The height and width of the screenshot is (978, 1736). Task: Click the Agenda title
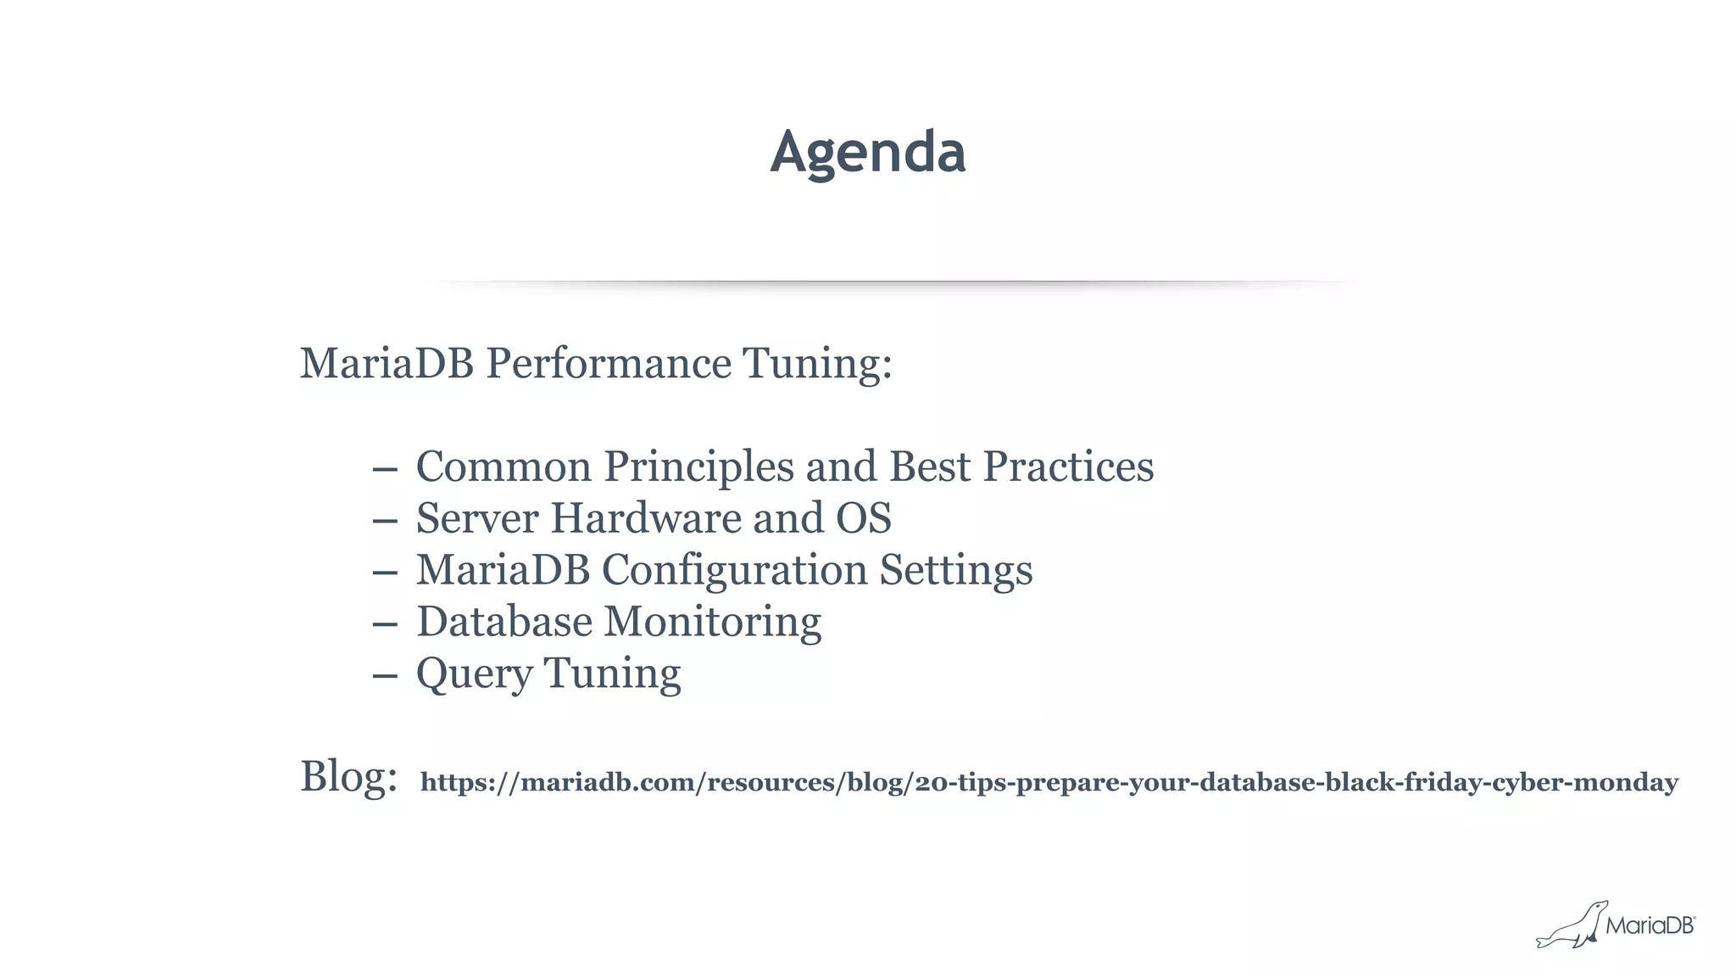pos(867,153)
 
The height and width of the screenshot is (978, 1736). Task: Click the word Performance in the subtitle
pos(608,364)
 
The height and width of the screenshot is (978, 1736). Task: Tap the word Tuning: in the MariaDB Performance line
pos(817,364)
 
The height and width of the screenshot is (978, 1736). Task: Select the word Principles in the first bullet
pos(698,467)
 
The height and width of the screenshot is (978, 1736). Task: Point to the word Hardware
pos(646,518)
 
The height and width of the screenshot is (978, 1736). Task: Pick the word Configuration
pos(734,570)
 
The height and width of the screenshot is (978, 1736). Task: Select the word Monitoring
pos(712,622)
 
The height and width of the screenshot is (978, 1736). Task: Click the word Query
pos(474,674)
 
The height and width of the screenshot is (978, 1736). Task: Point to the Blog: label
pos(348,776)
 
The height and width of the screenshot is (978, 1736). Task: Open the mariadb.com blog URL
pos(1049,782)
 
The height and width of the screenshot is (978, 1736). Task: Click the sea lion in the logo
pos(1571,926)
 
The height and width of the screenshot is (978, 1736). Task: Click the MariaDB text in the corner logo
pos(1649,925)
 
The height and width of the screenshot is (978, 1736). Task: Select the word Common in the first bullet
pos(503,467)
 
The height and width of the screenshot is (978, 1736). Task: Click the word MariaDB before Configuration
pos(503,570)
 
